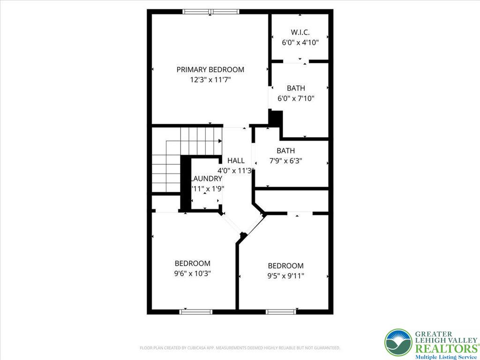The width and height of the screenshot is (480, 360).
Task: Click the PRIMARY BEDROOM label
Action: [x=210, y=69]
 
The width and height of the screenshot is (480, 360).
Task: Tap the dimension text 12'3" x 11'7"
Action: [x=210, y=80]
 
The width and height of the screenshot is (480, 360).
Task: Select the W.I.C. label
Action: [x=300, y=32]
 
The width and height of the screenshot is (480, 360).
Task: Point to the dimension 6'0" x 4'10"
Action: [x=300, y=42]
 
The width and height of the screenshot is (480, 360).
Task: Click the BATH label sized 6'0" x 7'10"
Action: [x=296, y=88]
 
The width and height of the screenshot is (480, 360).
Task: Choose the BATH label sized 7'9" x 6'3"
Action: [x=285, y=150]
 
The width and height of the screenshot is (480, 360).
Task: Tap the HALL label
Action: [x=236, y=160]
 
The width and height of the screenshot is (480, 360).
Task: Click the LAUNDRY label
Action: [x=206, y=179]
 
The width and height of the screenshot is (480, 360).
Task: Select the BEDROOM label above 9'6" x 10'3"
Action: [x=192, y=263]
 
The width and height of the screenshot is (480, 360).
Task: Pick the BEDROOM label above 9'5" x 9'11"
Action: [x=285, y=265]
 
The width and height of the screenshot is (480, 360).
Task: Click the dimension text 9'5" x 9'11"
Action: [x=285, y=276]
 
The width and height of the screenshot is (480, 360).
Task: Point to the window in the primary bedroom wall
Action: [x=210, y=12]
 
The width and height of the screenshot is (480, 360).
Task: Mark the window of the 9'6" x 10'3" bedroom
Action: [x=196, y=311]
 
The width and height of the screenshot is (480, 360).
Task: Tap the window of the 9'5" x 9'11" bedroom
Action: [x=281, y=311]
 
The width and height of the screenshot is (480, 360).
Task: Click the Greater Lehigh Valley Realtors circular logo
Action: [x=398, y=343]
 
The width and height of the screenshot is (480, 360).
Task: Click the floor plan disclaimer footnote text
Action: [x=240, y=348]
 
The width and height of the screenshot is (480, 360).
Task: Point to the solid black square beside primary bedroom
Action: [x=276, y=118]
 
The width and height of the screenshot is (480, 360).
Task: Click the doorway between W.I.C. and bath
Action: [x=296, y=61]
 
